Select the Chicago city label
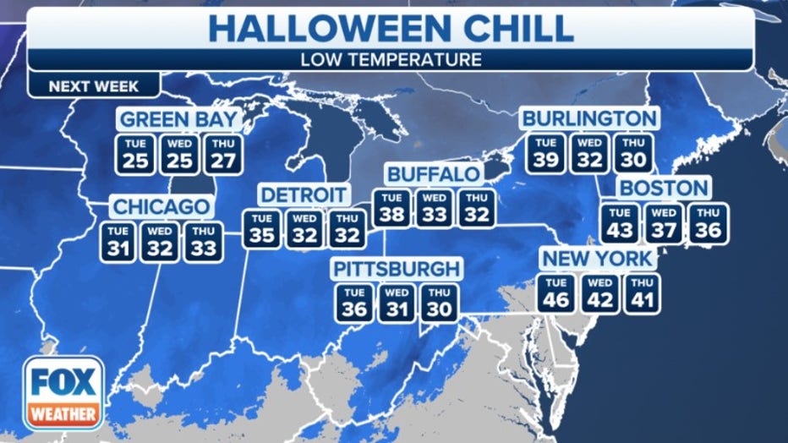pyautogui.click(x=161, y=207)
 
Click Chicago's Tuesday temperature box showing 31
pyautogui.click(x=118, y=242)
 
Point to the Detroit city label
pyautogui.click(x=304, y=194)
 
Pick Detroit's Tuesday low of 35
pyautogui.click(x=262, y=229)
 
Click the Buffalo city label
pyautogui.click(x=434, y=174)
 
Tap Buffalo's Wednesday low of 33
pyautogui.click(x=435, y=208)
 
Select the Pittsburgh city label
pyautogui.click(x=397, y=269)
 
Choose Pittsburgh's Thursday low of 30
pyautogui.click(x=438, y=303)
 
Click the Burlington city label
pyautogui.click(x=588, y=118)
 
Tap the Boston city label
pyautogui.click(x=662, y=188)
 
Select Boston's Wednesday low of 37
pyautogui.click(x=664, y=224)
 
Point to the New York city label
pyautogui.click(x=598, y=258)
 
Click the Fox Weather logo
pyautogui.click(x=63, y=392)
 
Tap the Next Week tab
pyautogui.click(x=93, y=86)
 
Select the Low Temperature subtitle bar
pyautogui.click(x=390, y=60)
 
